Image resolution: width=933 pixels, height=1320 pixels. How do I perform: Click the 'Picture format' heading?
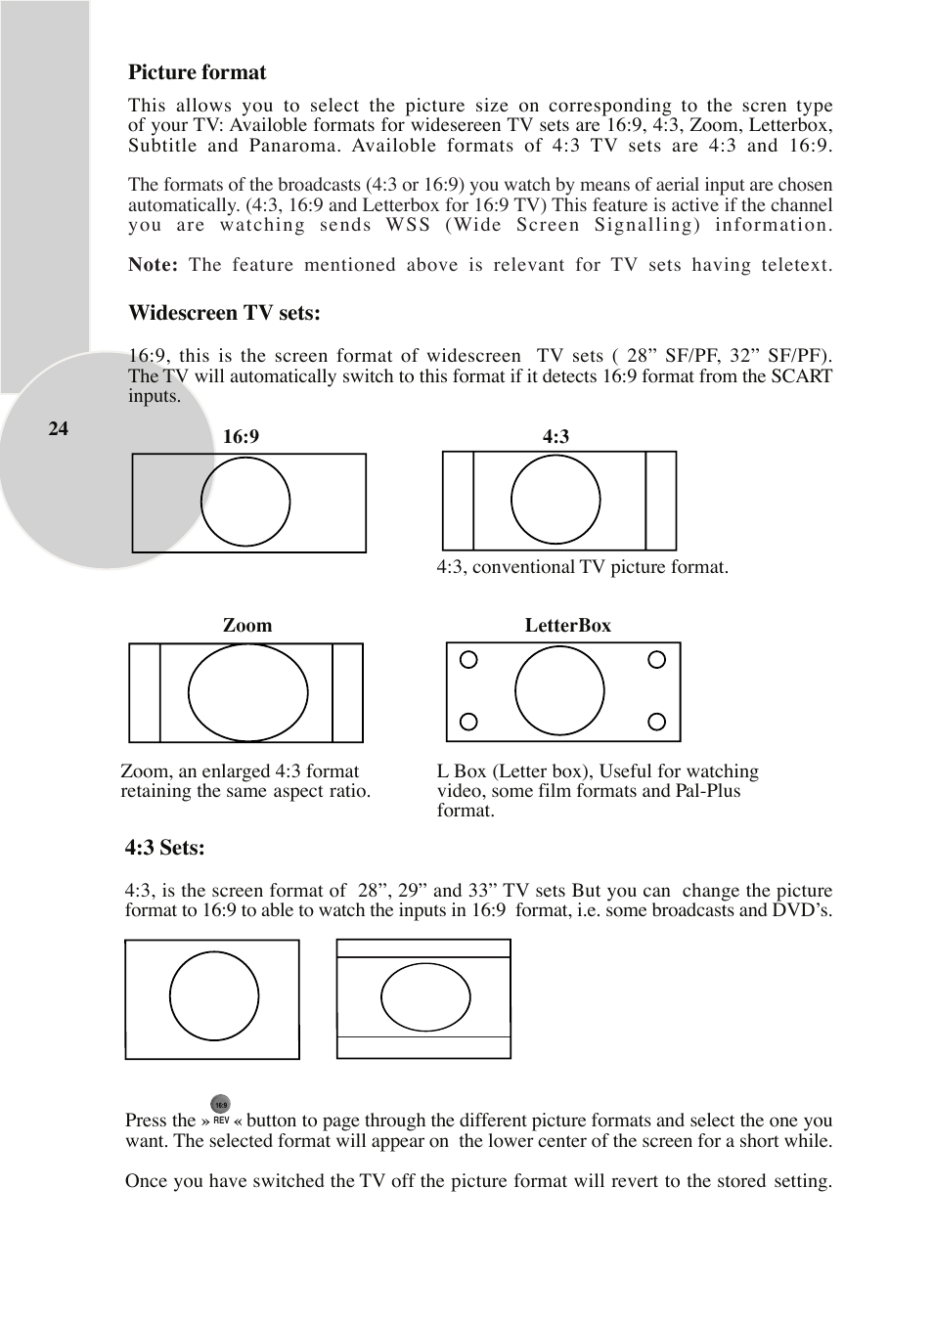[197, 72]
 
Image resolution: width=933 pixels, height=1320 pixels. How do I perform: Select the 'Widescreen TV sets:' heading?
[224, 313]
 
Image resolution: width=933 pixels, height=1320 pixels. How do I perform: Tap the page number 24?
[59, 428]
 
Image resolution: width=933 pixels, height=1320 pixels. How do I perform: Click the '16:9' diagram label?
[241, 437]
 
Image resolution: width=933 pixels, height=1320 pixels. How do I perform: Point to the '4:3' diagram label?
[555, 437]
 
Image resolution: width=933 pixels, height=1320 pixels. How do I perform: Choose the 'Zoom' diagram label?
[247, 626]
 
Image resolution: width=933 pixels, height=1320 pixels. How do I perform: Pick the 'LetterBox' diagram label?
[567, 626]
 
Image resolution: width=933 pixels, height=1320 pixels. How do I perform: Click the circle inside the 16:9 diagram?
[245, 502]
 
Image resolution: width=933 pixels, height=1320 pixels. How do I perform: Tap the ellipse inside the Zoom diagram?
[247, 692]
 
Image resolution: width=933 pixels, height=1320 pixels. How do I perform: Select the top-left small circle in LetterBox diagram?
[469, 660]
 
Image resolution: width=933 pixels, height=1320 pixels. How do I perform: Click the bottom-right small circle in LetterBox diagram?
[657, 723]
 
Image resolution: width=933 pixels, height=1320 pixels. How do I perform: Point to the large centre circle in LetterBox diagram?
[559, 690]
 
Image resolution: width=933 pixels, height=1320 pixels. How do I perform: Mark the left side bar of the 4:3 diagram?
[458, 501]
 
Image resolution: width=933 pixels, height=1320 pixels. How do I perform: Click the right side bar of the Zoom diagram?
[347, 692]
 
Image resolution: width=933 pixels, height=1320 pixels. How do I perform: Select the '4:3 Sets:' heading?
[164, 848]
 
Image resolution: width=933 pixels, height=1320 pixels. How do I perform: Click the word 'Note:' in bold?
[153, 265]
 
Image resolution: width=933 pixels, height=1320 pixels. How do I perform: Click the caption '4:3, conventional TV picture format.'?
[582, 567]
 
